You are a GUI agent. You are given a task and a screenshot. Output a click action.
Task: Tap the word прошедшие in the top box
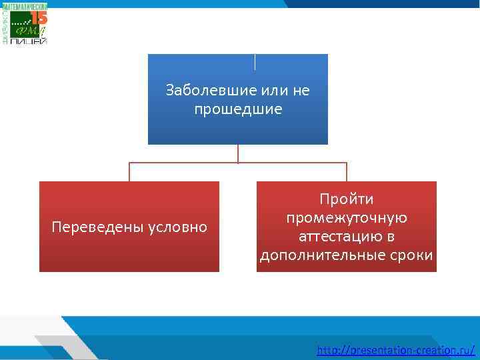(x=238, y=108)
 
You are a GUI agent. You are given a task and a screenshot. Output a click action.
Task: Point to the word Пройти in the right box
(x=347, y=199)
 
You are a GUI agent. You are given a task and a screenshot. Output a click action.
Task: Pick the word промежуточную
(x=347, y=218)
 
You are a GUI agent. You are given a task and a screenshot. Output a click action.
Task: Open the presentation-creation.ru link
(x=396, y=349)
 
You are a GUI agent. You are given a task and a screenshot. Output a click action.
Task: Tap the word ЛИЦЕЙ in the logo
(x=29, y=41)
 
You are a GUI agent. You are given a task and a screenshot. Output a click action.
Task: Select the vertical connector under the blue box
(x=238, y=153)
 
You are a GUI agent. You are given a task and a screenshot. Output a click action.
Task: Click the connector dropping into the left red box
(x=129, y=172)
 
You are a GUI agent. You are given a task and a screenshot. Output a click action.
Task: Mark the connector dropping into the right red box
(x=347, y=172)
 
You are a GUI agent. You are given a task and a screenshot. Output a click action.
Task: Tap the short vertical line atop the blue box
(x=255, y=61)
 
